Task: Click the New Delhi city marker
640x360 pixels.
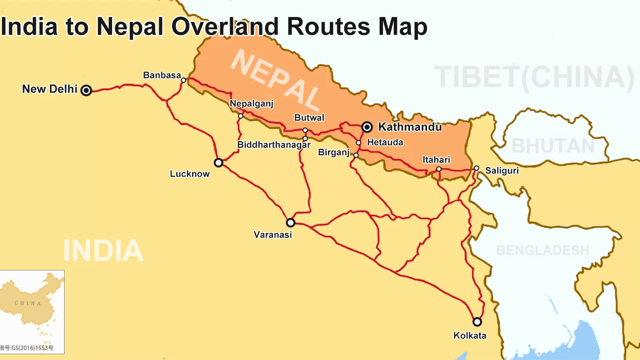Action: coord(86,90)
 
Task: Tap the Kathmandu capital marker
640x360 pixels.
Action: coord(367,127)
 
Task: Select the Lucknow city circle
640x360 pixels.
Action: coord(218,162)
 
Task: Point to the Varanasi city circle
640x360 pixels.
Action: coord(290,222)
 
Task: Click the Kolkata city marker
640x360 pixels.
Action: coord(477,322)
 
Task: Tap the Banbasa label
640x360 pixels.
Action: coord(162,75)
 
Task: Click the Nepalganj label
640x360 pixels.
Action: coord(251,103)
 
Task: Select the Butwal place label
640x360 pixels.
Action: coord(309,118)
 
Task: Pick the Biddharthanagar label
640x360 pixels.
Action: coord(274,145)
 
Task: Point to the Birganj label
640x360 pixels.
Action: coord(334,152)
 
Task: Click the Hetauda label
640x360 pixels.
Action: coord(385,142)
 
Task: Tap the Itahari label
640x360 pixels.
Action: coord(436,160)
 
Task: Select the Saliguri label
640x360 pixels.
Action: coord(502,171)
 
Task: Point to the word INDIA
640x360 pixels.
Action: coord(103,251)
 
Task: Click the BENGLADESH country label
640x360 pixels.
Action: coord(542,250)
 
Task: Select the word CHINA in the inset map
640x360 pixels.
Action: coord(28,303)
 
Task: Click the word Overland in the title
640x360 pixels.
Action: coord(225,27)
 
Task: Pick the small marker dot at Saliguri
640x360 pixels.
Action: coord(476,168)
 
